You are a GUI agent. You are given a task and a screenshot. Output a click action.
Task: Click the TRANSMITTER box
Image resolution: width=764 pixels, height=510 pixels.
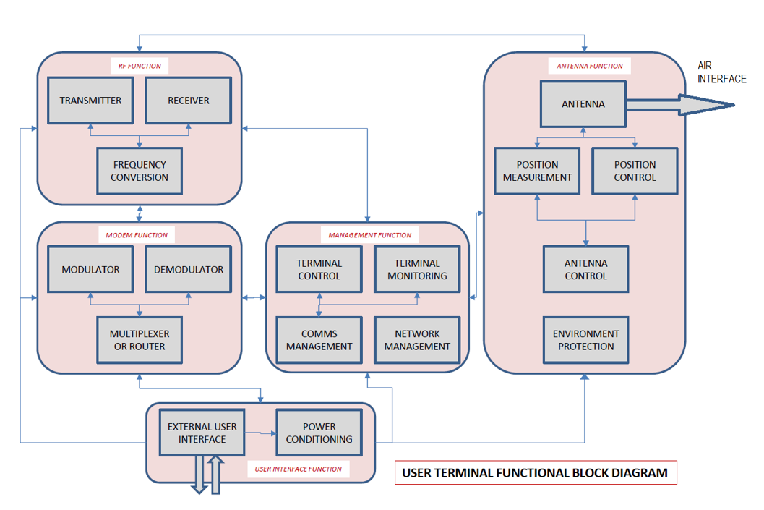pos(90,101)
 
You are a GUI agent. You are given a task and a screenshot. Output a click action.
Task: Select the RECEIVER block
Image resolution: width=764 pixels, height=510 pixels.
pos(188,101)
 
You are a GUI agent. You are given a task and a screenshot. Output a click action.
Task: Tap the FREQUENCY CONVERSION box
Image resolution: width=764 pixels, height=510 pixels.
pos(139,171)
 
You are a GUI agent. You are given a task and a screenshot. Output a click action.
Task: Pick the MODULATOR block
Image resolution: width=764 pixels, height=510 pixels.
pos(90,269)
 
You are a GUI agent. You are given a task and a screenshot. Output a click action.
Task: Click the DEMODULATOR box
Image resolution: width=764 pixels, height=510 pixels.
pos(188,269)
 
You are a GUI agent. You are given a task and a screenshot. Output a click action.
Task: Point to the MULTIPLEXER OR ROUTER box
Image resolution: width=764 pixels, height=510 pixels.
pos(139,340)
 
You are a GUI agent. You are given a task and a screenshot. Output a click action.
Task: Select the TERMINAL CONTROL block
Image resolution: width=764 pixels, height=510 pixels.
pos(319,269)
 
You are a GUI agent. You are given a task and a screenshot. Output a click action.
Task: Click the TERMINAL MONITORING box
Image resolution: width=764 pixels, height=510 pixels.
pos(417,269)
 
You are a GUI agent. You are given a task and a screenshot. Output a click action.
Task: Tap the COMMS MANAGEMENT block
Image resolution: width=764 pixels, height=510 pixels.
pos(319,340)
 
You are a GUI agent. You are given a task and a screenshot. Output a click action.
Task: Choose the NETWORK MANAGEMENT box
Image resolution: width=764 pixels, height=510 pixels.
pos(417,340)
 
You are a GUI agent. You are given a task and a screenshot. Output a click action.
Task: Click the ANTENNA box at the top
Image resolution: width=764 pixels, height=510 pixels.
pos(583,104)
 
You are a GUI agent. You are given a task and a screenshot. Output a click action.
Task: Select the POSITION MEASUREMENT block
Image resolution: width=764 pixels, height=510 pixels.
pos(537,171)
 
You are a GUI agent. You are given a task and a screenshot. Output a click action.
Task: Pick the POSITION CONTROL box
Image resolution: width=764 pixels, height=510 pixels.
pos(635,171)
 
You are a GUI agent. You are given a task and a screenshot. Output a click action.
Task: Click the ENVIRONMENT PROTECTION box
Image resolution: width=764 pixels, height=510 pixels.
pos(585,340)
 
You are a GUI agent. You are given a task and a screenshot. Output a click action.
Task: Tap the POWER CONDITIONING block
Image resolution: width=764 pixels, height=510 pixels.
pos(319,433)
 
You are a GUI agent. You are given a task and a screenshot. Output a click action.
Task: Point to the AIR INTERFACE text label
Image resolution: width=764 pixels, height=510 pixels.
pos(721,72)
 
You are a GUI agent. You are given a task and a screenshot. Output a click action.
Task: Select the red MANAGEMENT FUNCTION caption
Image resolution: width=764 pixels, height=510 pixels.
pos(369,235)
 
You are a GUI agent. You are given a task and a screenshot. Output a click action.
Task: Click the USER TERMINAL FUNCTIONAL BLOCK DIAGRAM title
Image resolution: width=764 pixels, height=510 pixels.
pos(535,473)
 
